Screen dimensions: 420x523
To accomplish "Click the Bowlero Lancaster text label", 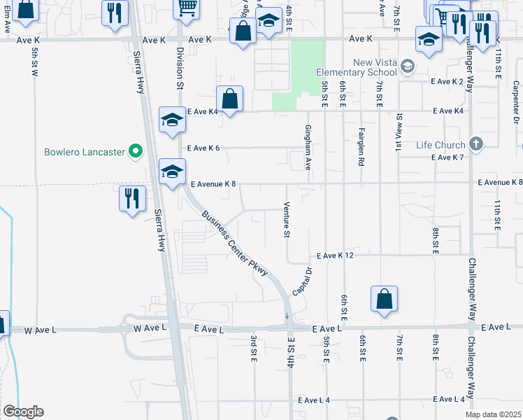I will click(x=83, y=151).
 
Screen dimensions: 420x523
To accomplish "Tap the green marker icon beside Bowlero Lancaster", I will click(x=136, y=150).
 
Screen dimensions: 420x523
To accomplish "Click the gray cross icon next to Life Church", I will click(x=475, y=145).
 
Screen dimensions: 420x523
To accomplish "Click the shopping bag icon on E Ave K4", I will click(x=229, y=99).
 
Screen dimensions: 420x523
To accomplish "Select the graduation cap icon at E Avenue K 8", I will click(x=172, y=172).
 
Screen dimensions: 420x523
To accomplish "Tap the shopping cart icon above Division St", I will click(x=187, y=8).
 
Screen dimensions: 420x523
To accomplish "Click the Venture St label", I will click(x=286, y=220).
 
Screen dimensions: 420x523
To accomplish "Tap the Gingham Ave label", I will click(x=308, y=148).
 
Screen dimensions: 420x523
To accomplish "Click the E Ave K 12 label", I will click(x=335, y=256).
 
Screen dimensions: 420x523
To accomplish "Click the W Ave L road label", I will click(x=43, y=329).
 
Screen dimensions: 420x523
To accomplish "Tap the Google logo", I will click(x=23, y=412).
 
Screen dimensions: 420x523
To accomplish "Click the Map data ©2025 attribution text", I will click(x=494, y=414).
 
